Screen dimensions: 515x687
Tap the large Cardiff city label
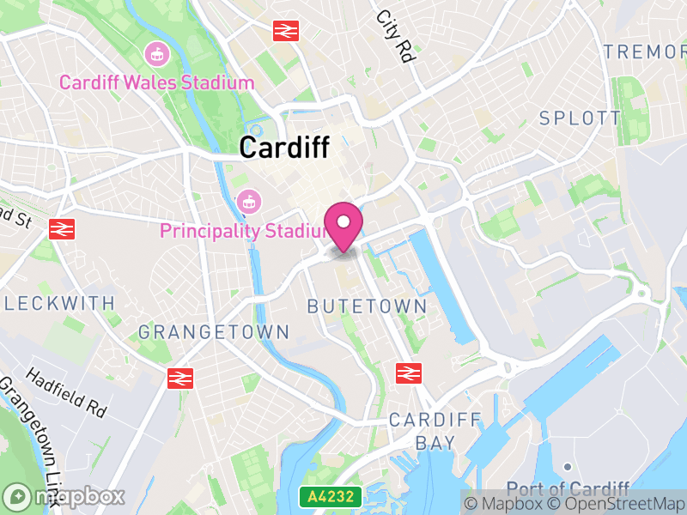coord(284,148)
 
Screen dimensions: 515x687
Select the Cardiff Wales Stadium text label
coord(156,83)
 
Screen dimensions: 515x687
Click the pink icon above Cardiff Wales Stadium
coord(156,53)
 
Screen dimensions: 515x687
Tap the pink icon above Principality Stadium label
coord(248,203)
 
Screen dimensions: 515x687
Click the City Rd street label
coord(395,38)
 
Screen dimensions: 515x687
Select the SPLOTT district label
coord(580,118)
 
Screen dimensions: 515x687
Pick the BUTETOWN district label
coord(367,306)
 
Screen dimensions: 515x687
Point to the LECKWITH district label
coord(59,303)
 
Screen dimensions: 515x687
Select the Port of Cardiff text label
coord(568,488)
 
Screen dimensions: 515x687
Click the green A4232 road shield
coord(331,497)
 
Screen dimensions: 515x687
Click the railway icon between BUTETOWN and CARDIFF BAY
coord(408,373)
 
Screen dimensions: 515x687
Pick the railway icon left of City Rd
coord(285,31)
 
